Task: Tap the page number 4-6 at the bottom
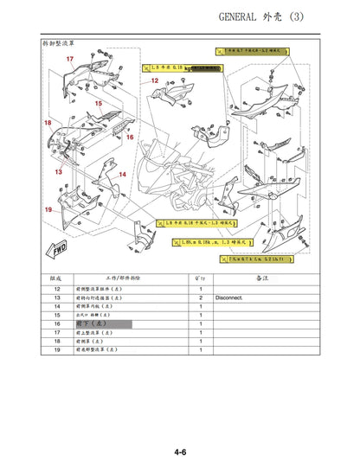(x=181, y=451)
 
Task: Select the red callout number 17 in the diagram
(x=69, y=58)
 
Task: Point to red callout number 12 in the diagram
(x=155, y=80)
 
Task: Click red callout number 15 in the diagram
(x=98, y=104)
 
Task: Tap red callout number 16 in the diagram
(x=130, y=137)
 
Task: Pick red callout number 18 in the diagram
(x=48, y=124)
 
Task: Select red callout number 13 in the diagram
(x=58, y=172)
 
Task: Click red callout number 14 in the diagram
(x=123, y=175)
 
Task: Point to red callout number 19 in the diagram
(x=48, y=210)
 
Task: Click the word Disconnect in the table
(x=230, y=297)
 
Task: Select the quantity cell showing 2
(x=200, y=297)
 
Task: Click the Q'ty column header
(x=200, y=278)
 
